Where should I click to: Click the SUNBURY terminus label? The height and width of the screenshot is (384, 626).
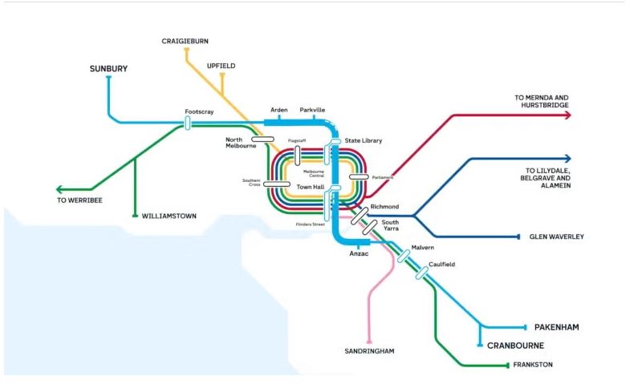point(108,70)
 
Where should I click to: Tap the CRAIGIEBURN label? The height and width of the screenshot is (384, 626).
point(185,41)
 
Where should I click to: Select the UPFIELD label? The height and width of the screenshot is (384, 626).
point(222,66)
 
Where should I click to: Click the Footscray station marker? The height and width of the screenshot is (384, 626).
point(187,123)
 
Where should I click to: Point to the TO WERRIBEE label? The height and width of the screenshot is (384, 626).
point(79,200)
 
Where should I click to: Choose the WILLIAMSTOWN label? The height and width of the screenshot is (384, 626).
point(169,216)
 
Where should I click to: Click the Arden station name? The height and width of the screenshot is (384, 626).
point(278,110)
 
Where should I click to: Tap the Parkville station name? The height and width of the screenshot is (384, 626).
point(312,110)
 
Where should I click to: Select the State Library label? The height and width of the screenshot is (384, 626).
point(363,141)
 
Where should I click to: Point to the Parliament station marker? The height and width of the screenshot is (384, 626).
point(358,176)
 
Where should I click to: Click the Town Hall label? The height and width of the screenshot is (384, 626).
point(310,187)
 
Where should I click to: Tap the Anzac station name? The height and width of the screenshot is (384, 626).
point(358,255)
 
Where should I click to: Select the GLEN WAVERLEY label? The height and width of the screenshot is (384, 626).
point(557,237)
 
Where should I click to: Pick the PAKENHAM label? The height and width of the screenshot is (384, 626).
point(556,328)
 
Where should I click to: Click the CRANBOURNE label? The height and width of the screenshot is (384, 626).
point(515,346)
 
